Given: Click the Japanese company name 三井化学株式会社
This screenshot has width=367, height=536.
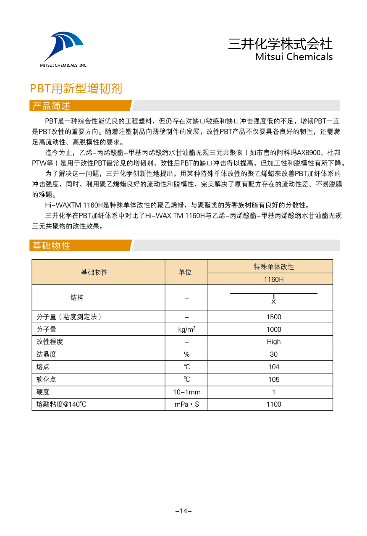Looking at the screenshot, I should click(280, 44).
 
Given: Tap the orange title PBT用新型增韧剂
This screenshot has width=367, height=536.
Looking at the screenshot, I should click(76, 89).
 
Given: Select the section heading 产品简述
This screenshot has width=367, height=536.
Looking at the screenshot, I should click(52, 106).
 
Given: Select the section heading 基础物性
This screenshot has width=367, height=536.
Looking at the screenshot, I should click(52, 246).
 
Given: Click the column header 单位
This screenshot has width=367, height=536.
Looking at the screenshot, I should click(185, 272).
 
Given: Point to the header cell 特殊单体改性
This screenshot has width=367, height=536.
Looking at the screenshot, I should click(274, 267).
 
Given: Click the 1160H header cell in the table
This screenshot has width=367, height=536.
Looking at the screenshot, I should click(274, 279).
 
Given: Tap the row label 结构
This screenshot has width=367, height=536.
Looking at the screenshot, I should click(77, 297).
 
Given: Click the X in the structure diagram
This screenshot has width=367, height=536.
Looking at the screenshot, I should click(273, 302).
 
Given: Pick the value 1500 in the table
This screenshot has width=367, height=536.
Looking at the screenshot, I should click(274, 317).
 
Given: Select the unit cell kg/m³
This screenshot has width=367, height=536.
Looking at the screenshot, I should click(187, 329).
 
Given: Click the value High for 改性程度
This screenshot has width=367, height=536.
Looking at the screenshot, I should click(274, 342).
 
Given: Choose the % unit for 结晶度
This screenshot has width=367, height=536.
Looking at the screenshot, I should click(187, 355).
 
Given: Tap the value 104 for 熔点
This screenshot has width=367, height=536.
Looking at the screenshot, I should click(274, 367).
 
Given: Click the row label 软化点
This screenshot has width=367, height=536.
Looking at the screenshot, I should click(46, 379).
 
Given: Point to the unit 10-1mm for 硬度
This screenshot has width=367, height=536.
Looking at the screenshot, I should click(187, 392).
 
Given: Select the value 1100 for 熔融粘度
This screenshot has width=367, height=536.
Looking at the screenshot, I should click(274, 405).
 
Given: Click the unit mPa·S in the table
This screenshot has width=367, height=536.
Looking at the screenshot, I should click(187, 405).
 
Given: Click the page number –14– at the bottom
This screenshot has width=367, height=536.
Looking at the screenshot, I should click(183, 511).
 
